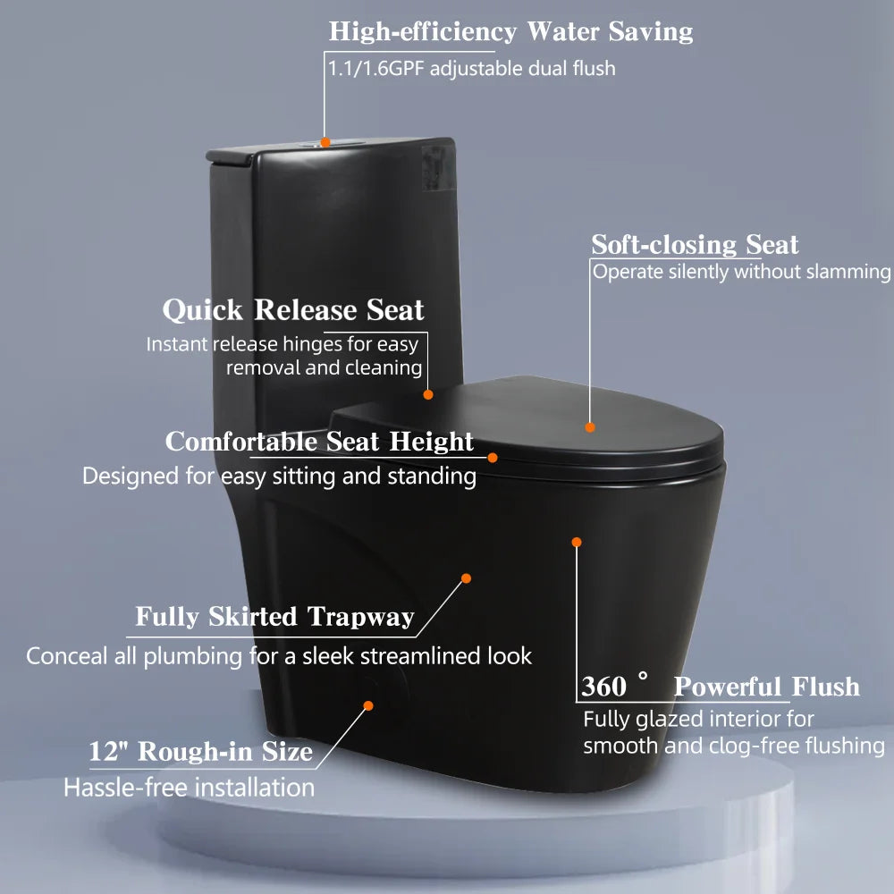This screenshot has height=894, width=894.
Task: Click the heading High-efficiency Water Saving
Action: click(x=510, y=32)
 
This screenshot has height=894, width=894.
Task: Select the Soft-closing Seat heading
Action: click(x=695, y=245)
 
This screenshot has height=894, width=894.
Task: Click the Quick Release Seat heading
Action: click(x=292, y=311)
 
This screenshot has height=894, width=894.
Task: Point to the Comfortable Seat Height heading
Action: click(x=319, y=443)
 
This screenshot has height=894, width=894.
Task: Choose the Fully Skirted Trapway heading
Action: click(x=274, y=617)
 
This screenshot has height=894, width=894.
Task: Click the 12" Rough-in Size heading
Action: click(x=200, y=752)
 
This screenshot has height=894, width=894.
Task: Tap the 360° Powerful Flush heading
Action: click(x=720, y=687)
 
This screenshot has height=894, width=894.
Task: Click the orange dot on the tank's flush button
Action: click(x=325, y=141)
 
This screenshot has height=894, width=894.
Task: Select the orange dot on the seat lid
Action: click(x=590, y=427)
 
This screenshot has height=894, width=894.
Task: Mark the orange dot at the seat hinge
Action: click(x=428, y=394)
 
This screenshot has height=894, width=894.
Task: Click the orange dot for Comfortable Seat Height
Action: click(x=493, y=457)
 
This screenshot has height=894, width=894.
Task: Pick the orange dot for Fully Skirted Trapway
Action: click(x=466, y=578)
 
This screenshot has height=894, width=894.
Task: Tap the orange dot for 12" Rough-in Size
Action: click(x=367, y=705)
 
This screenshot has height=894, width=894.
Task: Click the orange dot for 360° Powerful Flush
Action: click(x=577, y=542)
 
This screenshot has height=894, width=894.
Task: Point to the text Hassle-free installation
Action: click(x=189, y=788)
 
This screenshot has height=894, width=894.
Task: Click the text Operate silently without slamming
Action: click(x=741, y=272)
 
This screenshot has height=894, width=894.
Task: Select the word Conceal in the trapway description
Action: click(x=63, y=656)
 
